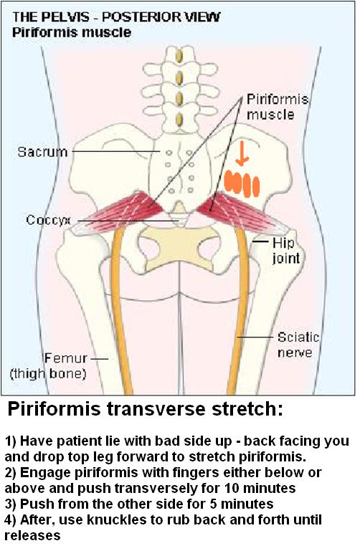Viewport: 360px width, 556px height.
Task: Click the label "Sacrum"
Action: pyautogui.click(x=42, y=152)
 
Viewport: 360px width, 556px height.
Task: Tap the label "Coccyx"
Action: pyautogui.click(x=49, y=220)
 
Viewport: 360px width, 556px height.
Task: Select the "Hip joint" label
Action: pyautogui.click(x=286, y=251)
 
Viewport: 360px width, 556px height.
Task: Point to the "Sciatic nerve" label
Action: pyautogui.click(x=298, y=345)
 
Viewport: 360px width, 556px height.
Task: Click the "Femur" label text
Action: pyautogui.click(x=66, y=358)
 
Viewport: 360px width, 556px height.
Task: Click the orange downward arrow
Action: pyautogui.click(x=242, y=153)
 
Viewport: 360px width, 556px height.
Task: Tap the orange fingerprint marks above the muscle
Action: pyautogui.click(x=242, y=183)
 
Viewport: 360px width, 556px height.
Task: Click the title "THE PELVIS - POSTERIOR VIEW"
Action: pyautogui.click(x=116, y=16)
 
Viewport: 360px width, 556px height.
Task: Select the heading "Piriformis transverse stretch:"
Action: pyautogui.click(x=145, y=410)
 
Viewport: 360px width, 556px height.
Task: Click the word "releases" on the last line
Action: pyautogui.click(x=32, y=535)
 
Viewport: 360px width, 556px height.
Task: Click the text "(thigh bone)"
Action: pyautogui.click(x=48, y=374)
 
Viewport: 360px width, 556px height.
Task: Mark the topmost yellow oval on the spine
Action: pyautogui.click(x=179, y=57)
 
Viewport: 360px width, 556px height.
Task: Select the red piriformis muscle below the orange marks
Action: pyautogui.click(x=242, y=211)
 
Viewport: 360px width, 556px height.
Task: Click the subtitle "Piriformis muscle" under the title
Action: pyautogui.click(x=72, y=32)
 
